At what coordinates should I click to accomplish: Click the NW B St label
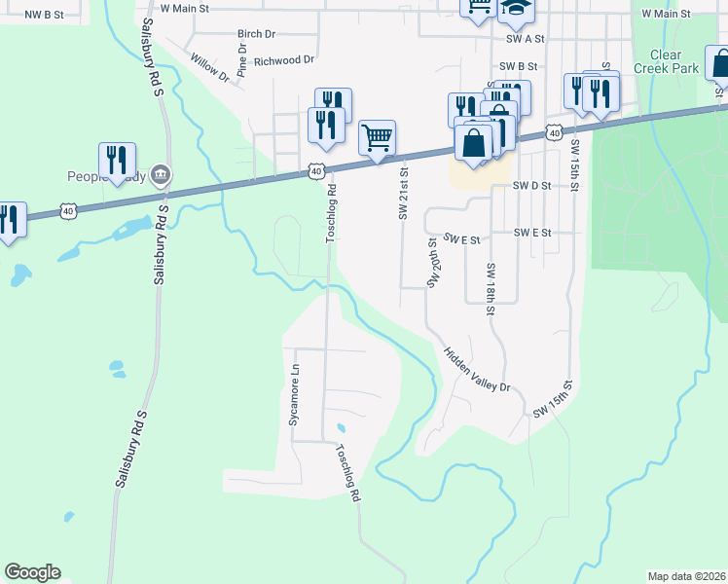tap(44, 15)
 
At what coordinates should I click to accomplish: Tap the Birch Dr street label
tap(257, 33)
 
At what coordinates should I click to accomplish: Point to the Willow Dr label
tap(209, 67)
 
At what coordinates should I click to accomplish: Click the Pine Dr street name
tap(242, 61)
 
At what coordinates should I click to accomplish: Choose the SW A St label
tap(526, 39)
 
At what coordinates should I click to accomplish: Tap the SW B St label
tap(519, 66)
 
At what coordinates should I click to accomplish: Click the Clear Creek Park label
tap(667, 61)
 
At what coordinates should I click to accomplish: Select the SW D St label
tap(532, 185)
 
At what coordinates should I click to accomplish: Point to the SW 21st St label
tap(402, 192)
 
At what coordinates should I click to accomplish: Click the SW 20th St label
tap(431, 263)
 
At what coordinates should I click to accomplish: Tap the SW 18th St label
tap(490, 289)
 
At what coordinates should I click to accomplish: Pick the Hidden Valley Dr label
tap(478, 371)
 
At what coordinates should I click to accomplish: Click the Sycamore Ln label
tap(292, 394)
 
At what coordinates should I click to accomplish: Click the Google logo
tap(32, 572)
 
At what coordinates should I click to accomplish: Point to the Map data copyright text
tap(686, 576)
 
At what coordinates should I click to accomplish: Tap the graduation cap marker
tap(516, 10)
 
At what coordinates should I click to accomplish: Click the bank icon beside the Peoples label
tap(162, 176)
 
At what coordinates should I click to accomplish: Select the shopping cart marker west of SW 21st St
tap(377, 136)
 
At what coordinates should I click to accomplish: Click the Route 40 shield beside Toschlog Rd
tap(316, 171)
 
